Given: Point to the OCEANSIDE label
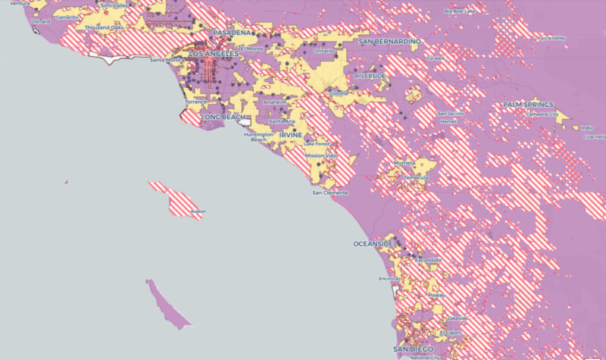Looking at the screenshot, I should pyautogui.click(x=373, y=244).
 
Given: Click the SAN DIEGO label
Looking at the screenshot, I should pyautogui.click(x=414, y=349).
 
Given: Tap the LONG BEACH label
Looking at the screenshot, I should pyautogui.click(x=222, y=117).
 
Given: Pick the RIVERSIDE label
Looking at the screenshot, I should pyautogui.click(x=370, y=77).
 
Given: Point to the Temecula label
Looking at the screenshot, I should pyautogui.click(x=415, y=177).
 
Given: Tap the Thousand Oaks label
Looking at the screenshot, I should pyautogui.click(x=104, y=27).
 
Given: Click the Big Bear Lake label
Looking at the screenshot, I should pyautogui.click(x=460, y=11).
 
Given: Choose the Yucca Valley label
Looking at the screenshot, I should pyautogui.click(x=548, y=38).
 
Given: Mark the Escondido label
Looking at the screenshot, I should pyautogui.click(x=426, y=260).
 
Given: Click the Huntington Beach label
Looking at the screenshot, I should pyautogui.click(x=259, y=137).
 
